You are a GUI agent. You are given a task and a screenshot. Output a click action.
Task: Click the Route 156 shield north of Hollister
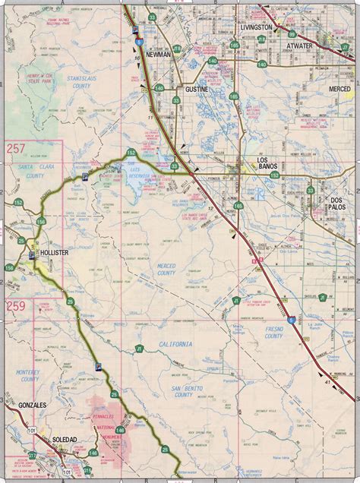[41, 222]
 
